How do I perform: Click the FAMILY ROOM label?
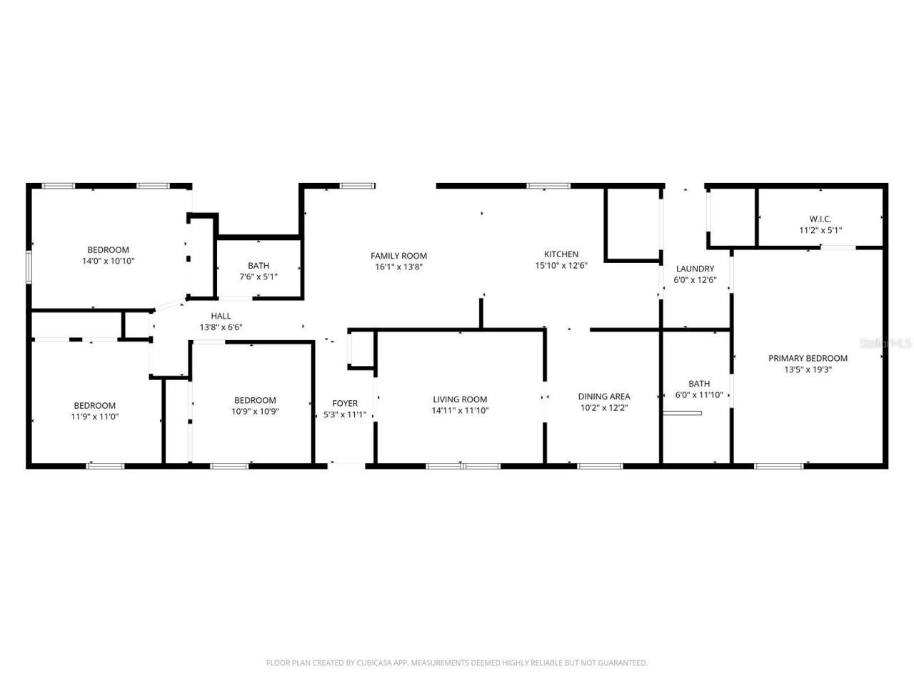[398, 256]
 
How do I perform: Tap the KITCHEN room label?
[561, 254]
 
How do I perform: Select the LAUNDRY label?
[695, 269]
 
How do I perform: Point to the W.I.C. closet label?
[820, 219]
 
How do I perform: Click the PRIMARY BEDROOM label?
[808, 359]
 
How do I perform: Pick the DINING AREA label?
[604, 397]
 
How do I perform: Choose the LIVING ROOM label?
[460, 400]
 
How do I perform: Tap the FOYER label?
[345, 404]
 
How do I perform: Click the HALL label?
[221, 316]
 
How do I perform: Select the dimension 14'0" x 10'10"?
[108, 262]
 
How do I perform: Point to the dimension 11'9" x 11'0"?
[94, 417]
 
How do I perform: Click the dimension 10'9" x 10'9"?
[255, 412]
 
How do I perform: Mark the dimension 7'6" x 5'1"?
[258, 277]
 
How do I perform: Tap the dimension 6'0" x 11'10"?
[699, 395]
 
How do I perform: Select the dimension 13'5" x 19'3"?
[808, 370]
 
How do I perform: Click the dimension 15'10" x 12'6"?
[561, 266]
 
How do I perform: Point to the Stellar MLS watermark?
[886, 343]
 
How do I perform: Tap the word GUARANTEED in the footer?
[621, 663]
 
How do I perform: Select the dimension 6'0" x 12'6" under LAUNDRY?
[695, 280]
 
